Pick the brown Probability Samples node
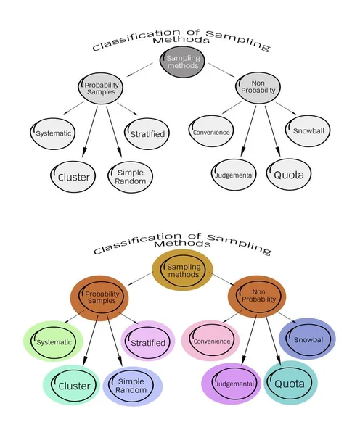point(100,296)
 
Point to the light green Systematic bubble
point(53,341)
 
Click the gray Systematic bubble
point(53,133)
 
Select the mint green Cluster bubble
point(73,385)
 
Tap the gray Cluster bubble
point(73,176)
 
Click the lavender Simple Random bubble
point(132,385)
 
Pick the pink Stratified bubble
point(148,341)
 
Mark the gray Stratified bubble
point(147,133)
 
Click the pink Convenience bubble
point(210,341)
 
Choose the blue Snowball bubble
point(308,338)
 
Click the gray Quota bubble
point(288,174)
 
